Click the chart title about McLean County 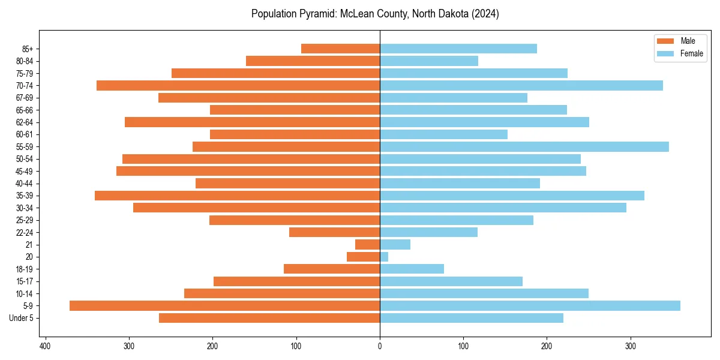[x=375, y=14]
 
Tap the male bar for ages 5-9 [x=224, y=305]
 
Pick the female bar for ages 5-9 [x=530, y=305]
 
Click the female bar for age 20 [x=384, y=257]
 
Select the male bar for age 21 [x=367, y=244]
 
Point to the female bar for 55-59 [x=524, y=146]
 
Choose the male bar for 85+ [x=340, y=49]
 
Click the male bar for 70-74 [x=238, y=85]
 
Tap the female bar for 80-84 [x=429, y=61]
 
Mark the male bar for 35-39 [x=237, y=196]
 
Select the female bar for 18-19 [x=412, y=269]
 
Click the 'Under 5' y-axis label [x=22, y=318]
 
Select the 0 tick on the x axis [x=380, y=346]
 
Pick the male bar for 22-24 [x=334, y=232]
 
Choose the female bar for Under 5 [x=472, y=318]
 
